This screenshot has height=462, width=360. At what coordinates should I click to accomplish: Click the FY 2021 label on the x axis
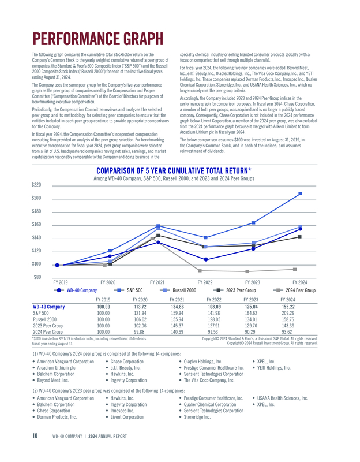click(157, 282)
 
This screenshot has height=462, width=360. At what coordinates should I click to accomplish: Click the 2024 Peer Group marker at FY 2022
click(200, 270)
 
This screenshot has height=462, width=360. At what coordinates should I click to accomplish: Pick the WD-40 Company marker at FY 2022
click(205, 259)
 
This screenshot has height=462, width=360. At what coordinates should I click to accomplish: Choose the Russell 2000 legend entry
click(180, 290)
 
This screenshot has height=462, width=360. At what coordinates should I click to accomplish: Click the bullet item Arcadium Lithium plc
click(59, 367)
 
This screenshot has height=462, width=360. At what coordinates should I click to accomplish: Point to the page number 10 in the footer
click(35, 444)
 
